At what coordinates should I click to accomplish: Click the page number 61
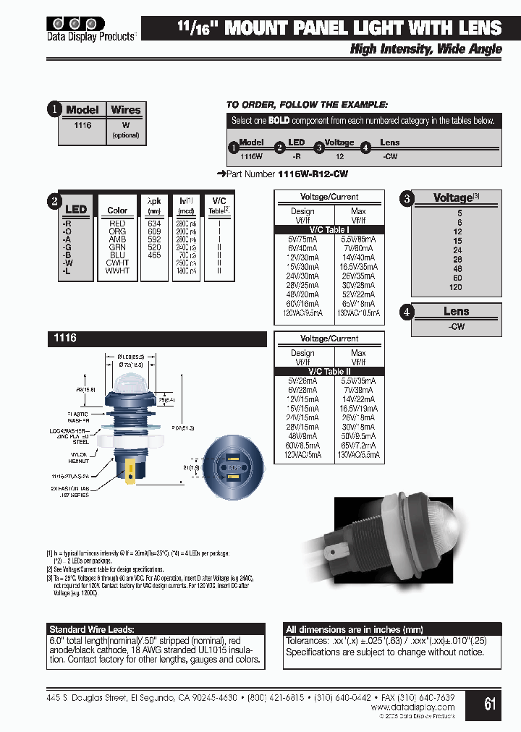pos(490,703)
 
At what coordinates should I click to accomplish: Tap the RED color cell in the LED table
pos(117,224)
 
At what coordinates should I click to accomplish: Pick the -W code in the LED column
pos(67,263)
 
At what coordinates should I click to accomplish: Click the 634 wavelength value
pos(153,224)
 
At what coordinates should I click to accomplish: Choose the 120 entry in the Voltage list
pos(455,287)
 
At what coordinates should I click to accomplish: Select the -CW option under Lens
pos(457,326)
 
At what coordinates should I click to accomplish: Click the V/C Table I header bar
pos(329,230)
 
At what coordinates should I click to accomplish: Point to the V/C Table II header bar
pos(329,372)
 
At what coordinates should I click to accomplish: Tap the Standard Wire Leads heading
pos(92,629)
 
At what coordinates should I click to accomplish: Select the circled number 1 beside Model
pos(54,110)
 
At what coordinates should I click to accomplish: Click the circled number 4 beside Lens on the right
pos(407,312)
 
